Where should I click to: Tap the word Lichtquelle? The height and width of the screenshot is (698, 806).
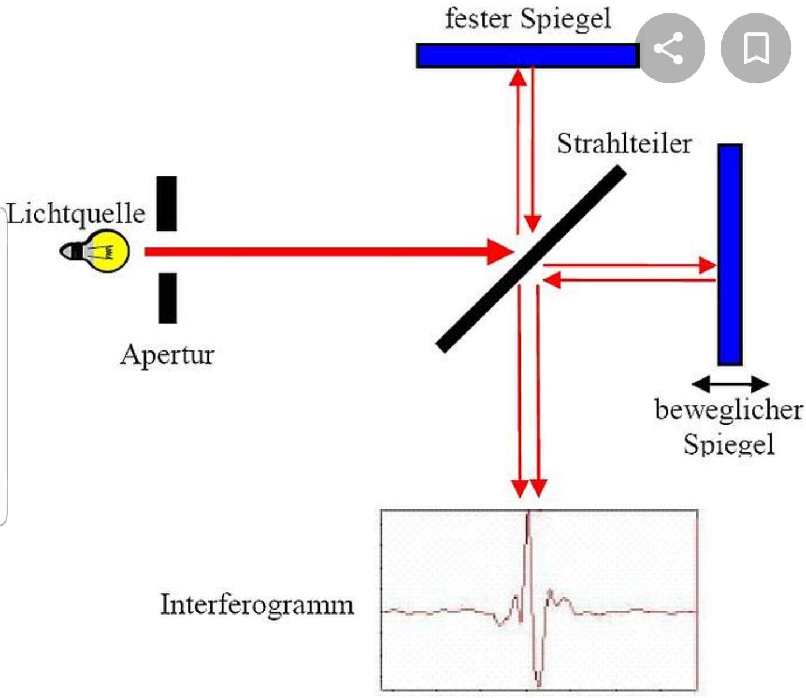(76, 214)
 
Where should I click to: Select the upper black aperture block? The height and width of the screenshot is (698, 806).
(167, 204)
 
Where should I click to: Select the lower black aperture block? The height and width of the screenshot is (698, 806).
(167, 298)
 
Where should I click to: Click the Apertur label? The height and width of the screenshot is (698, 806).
(167, 355)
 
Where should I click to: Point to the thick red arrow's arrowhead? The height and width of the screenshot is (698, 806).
(499, 252)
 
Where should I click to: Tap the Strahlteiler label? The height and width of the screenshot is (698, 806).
(624, 144)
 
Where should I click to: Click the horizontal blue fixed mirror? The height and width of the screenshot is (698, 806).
(527, 56)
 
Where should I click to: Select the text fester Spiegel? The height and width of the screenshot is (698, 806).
(527, 18)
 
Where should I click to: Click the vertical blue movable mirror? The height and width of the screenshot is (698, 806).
(730, 254)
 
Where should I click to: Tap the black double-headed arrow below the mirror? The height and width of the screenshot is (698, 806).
(730, 384)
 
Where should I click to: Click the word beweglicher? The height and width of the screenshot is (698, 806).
(728, 410)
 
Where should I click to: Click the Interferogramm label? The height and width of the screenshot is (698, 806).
(257, 605)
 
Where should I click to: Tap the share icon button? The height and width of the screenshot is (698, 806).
(669, 48)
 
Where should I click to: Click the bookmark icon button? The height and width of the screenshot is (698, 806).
(756, 48)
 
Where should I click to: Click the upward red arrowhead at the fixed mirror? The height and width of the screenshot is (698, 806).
(519, 76)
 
